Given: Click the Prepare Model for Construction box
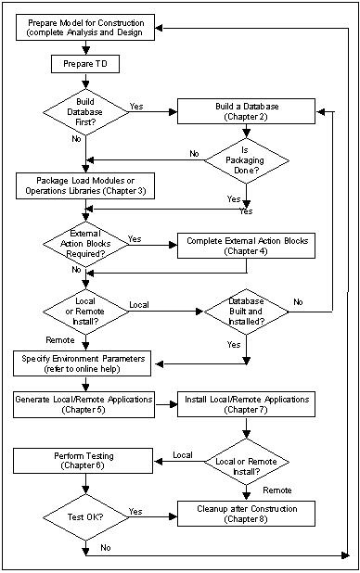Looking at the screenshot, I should coord(84,29).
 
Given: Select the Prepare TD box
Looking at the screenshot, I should coord(84,65).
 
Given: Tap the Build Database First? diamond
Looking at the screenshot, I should coord(84,112).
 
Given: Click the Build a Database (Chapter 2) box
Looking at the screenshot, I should coord(246,112).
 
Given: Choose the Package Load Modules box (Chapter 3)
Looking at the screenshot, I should coord(84,185).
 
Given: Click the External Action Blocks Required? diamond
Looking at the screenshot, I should coord(84,245).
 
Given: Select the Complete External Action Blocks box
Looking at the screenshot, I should coord(246,245).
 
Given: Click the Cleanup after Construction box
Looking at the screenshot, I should coord(246,510).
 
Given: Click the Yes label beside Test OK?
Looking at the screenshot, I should coord(135,511).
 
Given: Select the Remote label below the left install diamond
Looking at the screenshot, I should coord(59,339).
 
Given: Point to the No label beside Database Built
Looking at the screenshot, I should coord(298,302).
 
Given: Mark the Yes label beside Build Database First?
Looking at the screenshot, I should coord(135,105).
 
